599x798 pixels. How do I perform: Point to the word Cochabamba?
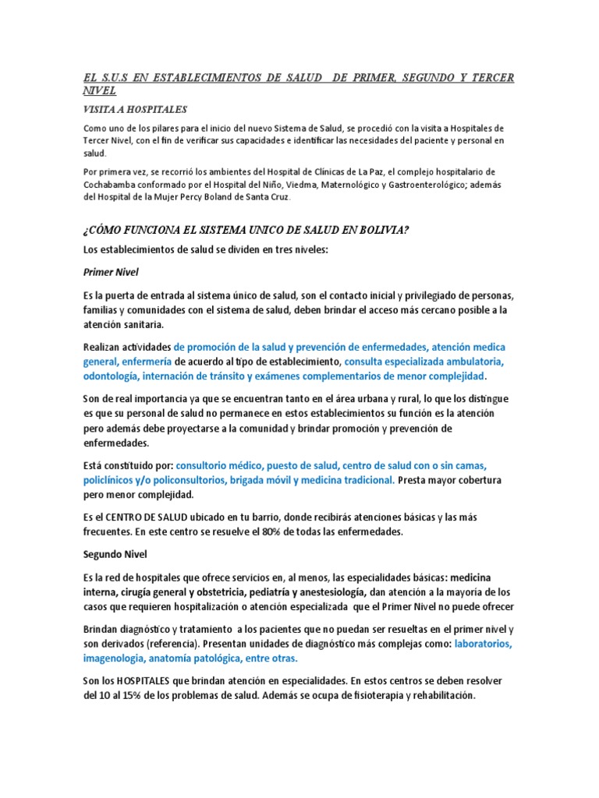point(115,184)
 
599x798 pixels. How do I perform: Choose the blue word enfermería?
point(146,362)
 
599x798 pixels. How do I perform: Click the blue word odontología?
point(111,376)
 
